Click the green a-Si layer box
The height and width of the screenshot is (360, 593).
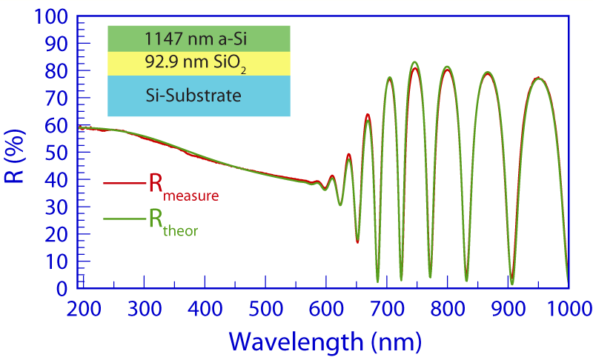pyautogui.click(x=198, y=39)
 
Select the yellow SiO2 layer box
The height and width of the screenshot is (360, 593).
pyautogui.click(x=198, y=64)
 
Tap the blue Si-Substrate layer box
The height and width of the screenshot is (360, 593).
pyautogui.click(x=198, y=96)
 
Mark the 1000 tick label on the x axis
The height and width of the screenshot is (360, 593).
pyautogui.click(x=568, y=307)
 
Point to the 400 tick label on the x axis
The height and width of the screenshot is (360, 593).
pyautogui.click(x=205, y=307)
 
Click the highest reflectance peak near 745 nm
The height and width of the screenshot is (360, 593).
pyautogui.click(x=415, y=62)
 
